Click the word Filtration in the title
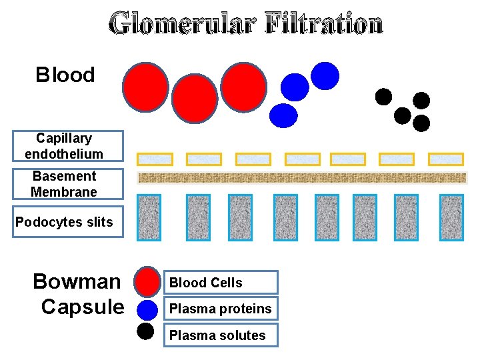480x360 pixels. point(324,24)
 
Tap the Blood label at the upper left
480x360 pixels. point(65,75)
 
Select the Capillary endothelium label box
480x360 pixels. point(68,146)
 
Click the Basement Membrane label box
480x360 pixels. point(68,184)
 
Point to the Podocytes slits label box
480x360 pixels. point(68,222)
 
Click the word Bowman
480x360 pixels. point(77,281)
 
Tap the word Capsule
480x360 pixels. point(82,307)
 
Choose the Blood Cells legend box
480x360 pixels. point(221,283)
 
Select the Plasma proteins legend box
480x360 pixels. point(221,309)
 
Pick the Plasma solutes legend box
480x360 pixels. point(221,335)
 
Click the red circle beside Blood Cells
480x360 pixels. point(147,281)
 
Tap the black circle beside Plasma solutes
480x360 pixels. point(147,331)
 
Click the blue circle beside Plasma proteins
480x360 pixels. point(147,309)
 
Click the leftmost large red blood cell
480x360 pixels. point(145,87)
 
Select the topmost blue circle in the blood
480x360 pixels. point(325,75)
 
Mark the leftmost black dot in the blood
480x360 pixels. point(383,97)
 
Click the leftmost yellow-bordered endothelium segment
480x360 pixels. point(155,159)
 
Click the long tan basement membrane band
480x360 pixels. point(302,178)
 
